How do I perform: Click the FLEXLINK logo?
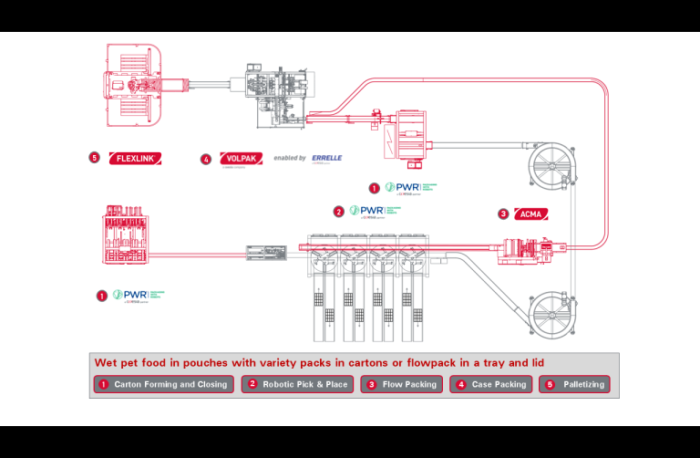tap(136, 159)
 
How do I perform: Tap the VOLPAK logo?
tap(242, 159)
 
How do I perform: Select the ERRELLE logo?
tap(326, 158)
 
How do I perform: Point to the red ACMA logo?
tap(530, 213)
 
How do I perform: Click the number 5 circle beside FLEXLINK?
tap(94, 158)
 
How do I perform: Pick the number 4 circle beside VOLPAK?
tap(206, 159)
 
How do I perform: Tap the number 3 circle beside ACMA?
tap(503, 214)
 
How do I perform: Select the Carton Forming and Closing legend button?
tap(163, 384)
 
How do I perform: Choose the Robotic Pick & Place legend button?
tap(298, 384)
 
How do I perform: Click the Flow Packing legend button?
tap(402, 384)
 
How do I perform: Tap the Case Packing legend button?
tap(491, 384)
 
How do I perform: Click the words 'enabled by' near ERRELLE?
tap(289, 159)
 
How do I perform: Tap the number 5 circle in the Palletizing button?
tap(550, 384)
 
